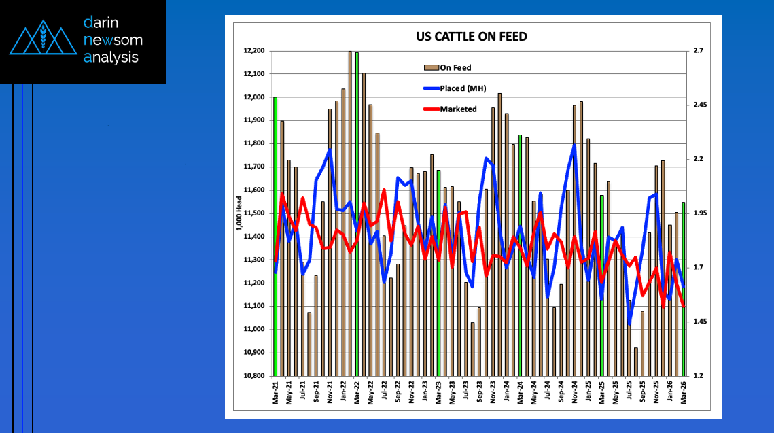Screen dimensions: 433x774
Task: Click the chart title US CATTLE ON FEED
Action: pyautogui.click(x=471, y=37)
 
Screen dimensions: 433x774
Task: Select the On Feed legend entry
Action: pyautogui.click(x=455, y=67)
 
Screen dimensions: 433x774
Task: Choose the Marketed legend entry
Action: pyautogui.click(x=457, y=109)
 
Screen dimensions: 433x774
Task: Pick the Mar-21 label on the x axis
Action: pyautogui.click(x=275, y=393)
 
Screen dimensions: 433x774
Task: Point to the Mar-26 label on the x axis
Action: pyautogui.click(x=684, y=393)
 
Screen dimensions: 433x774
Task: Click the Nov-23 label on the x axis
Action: pyautogui.click(x=493, y=393)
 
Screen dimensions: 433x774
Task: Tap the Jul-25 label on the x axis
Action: pyautogui.click(x=629, y=393)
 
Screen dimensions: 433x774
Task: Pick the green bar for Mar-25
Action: pyautogui.click(x=602, y=285)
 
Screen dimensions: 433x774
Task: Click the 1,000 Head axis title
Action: pyautogui.click(x=239, y=213)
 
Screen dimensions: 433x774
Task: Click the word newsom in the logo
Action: pyautogui.click(x=113, y=40)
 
